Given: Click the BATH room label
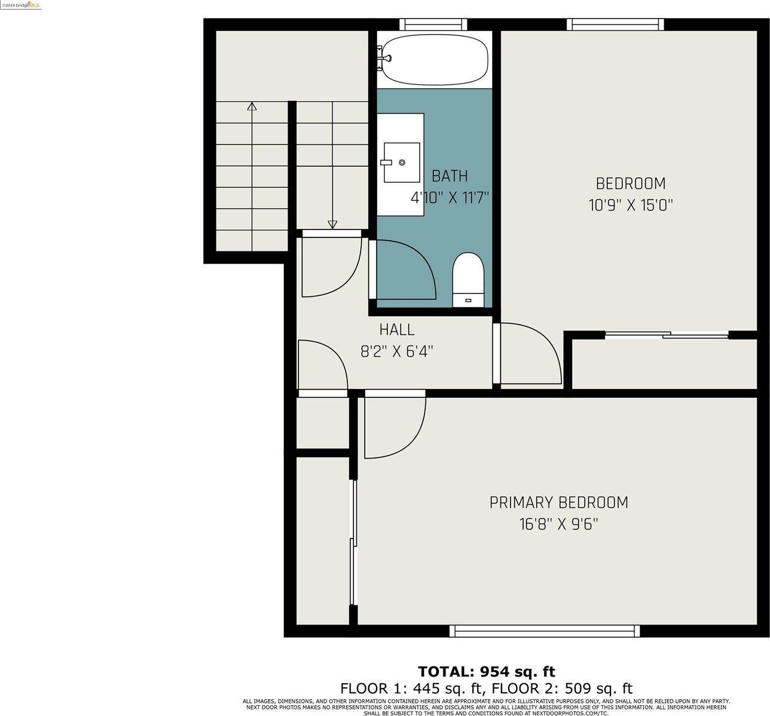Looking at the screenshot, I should click(450, 176).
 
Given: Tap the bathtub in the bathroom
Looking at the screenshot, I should click(434, 59).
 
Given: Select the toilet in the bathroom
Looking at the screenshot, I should click(467, 279).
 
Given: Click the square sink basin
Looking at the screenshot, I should click(402, 162).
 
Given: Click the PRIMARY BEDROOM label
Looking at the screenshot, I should click(558, 502).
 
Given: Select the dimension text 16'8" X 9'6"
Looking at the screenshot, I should click(558, 525).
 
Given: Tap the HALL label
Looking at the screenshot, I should click(396, 329).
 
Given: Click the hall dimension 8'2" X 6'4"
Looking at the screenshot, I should click(396, 351).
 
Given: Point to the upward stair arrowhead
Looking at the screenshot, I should click(252, 106).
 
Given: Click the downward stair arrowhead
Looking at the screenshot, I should click(332, 225).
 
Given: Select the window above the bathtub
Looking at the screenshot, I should click(433, 24).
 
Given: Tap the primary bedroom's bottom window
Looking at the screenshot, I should click(544, 631).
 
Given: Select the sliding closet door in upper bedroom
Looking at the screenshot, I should click(667, 335).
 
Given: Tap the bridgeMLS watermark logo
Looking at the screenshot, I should click(20, 5).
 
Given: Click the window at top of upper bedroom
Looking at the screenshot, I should click(615, 24).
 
